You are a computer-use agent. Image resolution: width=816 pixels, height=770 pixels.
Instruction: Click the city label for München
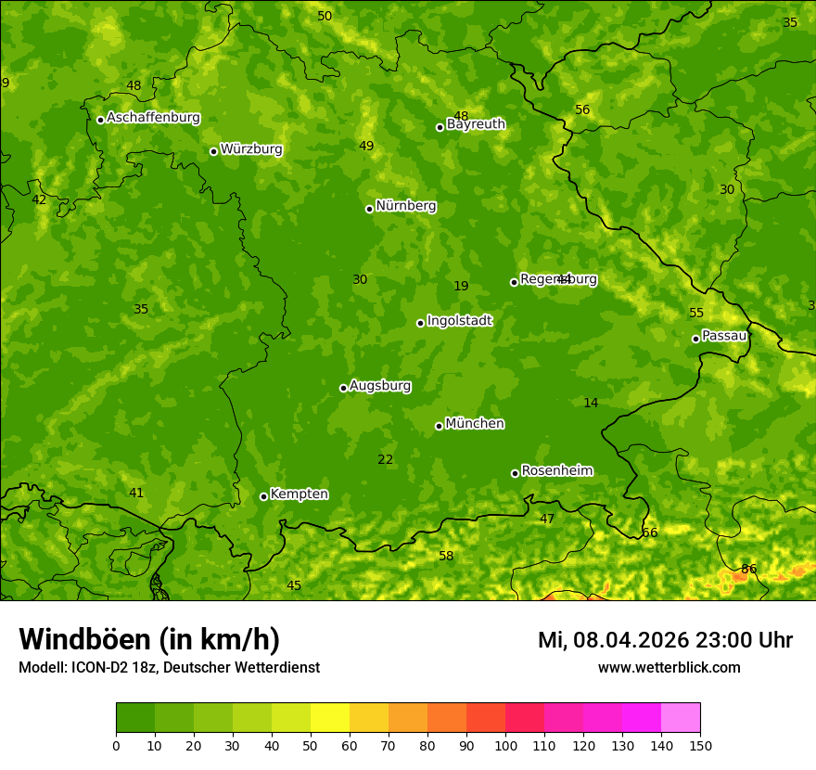coord(475,424)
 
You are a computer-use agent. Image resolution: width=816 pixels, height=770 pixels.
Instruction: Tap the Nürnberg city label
coord(405,206)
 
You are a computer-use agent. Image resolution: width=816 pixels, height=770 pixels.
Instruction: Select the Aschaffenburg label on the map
coord(153,118)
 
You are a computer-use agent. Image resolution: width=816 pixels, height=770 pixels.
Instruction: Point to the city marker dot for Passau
coord(695,339)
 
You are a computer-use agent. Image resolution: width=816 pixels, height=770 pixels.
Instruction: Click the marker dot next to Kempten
coord(263,496)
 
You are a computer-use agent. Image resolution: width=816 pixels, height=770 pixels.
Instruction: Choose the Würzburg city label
coord(251,149)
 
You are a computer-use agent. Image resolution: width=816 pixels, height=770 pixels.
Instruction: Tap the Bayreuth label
coord(476,124)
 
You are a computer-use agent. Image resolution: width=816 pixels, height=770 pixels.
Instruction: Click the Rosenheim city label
coord(556,471)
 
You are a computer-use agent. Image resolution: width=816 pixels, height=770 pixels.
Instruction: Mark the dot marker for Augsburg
coord(343,388)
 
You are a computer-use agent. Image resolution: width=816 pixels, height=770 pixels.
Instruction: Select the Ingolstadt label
coord(459,321)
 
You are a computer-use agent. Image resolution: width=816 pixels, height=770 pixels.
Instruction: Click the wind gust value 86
coord(749,569)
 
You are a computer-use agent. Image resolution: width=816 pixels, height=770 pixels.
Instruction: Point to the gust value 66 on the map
coord(650,533)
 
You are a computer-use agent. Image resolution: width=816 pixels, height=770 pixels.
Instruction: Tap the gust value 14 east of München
coord(591,403)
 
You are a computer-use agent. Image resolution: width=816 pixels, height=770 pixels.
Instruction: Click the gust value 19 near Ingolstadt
coord(461,286)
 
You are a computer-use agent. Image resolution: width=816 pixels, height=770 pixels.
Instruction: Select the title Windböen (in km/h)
coord(149,639)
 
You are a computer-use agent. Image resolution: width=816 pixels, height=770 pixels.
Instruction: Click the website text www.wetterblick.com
coord(669,667)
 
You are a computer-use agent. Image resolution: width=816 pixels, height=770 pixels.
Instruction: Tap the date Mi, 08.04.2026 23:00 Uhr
coord(665,640)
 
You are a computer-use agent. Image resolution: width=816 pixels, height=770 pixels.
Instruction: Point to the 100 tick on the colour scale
coord(505,745)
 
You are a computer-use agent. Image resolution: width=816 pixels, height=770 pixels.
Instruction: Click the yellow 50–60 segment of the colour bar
coord(330,717)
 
